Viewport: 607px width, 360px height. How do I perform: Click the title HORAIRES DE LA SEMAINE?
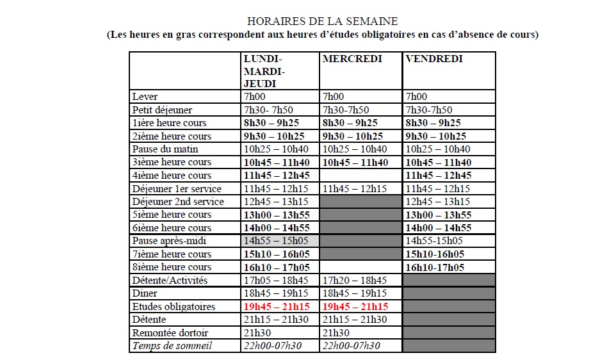coord(322,22)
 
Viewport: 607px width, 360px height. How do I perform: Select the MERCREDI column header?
coord(352,59)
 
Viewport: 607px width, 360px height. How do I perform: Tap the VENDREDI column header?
coord(433,59)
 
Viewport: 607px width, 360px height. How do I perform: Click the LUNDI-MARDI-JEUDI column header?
coord(264,70)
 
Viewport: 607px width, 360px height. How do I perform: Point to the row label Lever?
coord(144,97)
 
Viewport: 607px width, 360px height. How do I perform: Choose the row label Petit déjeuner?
coord(162,110)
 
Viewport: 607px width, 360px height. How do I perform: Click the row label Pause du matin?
coord(165,149)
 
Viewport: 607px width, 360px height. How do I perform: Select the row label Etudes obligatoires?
coord(174,307)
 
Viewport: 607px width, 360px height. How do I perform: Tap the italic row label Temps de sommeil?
coord(172,346)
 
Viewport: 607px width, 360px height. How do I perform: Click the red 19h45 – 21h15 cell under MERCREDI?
coord(355,307)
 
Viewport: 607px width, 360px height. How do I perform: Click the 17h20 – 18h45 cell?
coord(355,281)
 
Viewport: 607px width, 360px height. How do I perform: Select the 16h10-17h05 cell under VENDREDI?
coord(435,267)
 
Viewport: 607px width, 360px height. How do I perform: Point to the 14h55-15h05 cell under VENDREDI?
coord(434,241)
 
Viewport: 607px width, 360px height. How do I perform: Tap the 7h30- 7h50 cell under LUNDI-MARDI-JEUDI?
coord(268,110)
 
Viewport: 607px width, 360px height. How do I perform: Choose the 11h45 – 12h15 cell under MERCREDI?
coord(355,188)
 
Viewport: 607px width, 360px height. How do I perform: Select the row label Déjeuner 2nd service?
coord(178,202)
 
